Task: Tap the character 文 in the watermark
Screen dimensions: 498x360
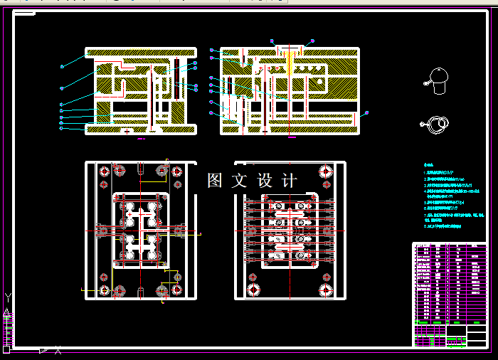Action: pos(240,181)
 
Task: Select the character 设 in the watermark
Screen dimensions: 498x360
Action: pos(265,181)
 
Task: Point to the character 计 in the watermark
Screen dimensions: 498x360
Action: pos(290,181)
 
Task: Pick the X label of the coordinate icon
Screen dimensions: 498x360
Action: pos(58,350)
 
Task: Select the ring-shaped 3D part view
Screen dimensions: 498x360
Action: pos(436,126)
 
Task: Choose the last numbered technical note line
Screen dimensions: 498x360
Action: pos(443,226)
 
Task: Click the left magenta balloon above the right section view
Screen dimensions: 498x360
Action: pos(272,40)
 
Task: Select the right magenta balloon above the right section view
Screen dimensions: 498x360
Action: pos(312,40)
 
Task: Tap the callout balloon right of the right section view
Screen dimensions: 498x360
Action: pos(367,112)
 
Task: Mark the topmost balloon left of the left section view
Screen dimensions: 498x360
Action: pos(63,66)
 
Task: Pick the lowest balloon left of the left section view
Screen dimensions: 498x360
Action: pos(61,129)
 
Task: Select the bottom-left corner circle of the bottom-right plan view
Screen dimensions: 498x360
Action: pos(253,290)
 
